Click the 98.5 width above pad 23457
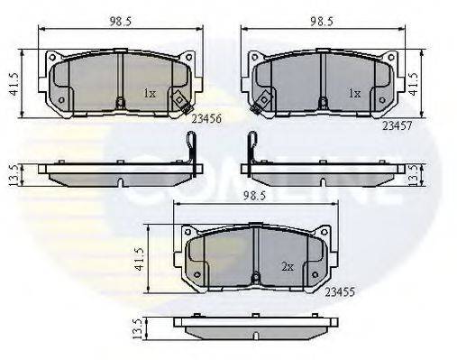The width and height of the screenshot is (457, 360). click(321, 19)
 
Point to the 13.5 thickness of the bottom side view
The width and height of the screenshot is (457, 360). click(136, 330)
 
